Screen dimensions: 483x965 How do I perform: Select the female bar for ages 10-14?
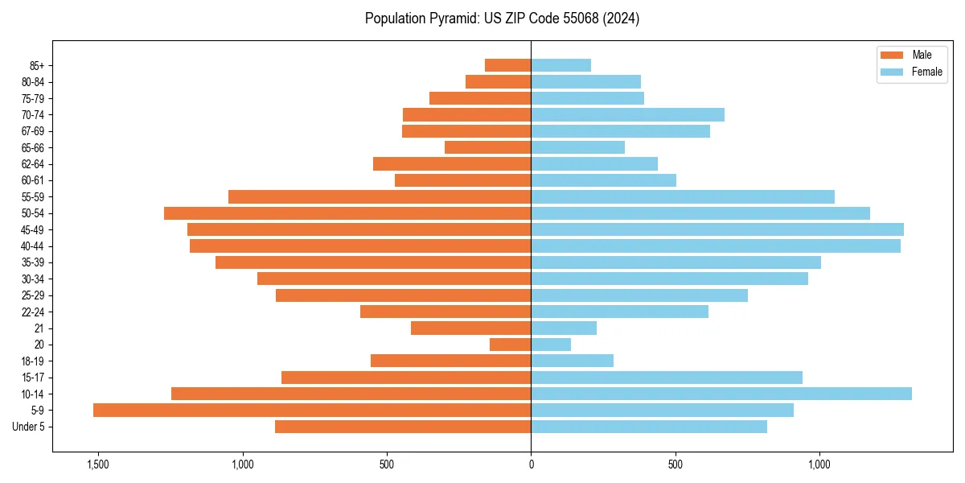point(721,394)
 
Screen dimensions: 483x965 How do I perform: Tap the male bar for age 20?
point(511,345)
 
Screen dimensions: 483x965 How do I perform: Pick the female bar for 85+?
point(561,65)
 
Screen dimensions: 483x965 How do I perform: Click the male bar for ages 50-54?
point(347,213)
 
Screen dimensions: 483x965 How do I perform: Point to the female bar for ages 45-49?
point(717,229)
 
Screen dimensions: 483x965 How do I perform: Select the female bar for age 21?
point(564,328)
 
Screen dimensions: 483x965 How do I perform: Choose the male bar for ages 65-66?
point(488,147)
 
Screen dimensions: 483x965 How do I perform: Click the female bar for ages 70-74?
point(627,114)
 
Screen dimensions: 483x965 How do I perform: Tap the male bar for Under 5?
point(403,427)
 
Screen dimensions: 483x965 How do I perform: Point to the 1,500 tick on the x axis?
point(97,464)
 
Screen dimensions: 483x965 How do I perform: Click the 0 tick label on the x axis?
point(531,464)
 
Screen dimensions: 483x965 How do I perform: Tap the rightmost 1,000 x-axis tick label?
point(819,464)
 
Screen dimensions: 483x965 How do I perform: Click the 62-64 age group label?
point(34,164)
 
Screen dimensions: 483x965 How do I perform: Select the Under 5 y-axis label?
point(29,427)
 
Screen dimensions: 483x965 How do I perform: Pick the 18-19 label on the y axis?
point(34,361)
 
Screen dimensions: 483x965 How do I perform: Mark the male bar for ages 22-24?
point(446,312)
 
